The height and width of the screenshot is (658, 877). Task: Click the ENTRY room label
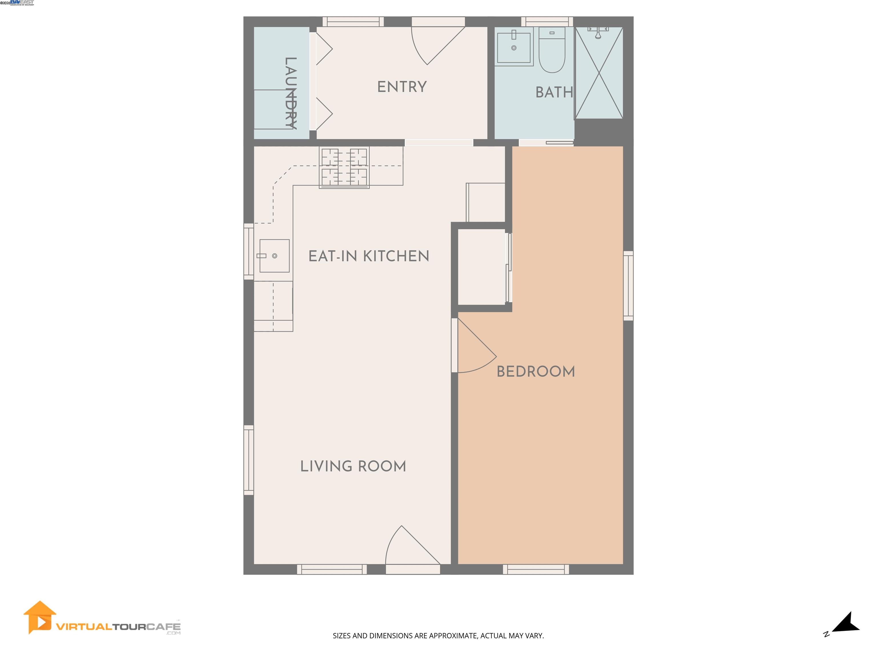tap(402, 87)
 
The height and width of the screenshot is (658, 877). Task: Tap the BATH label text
tap(554, 93)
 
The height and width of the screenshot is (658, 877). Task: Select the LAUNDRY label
tap(291, 93)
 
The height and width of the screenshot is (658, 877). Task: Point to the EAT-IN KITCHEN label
tap(369, 256)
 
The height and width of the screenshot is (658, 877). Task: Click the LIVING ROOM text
tap(353, 466)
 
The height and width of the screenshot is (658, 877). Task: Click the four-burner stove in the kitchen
tap(344, 167)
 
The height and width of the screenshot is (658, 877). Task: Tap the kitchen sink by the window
tap(274, 256)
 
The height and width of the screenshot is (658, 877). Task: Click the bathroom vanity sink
tap(514, 48)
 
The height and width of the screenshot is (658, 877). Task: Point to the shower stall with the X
tap(599, 73)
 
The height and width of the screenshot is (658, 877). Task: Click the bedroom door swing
tap(474, 349)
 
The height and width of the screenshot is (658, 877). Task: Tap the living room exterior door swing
tap(408, 549)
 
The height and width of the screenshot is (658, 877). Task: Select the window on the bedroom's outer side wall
tap(628, 286)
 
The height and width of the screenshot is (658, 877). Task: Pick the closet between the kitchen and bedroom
tap(481, 267)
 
